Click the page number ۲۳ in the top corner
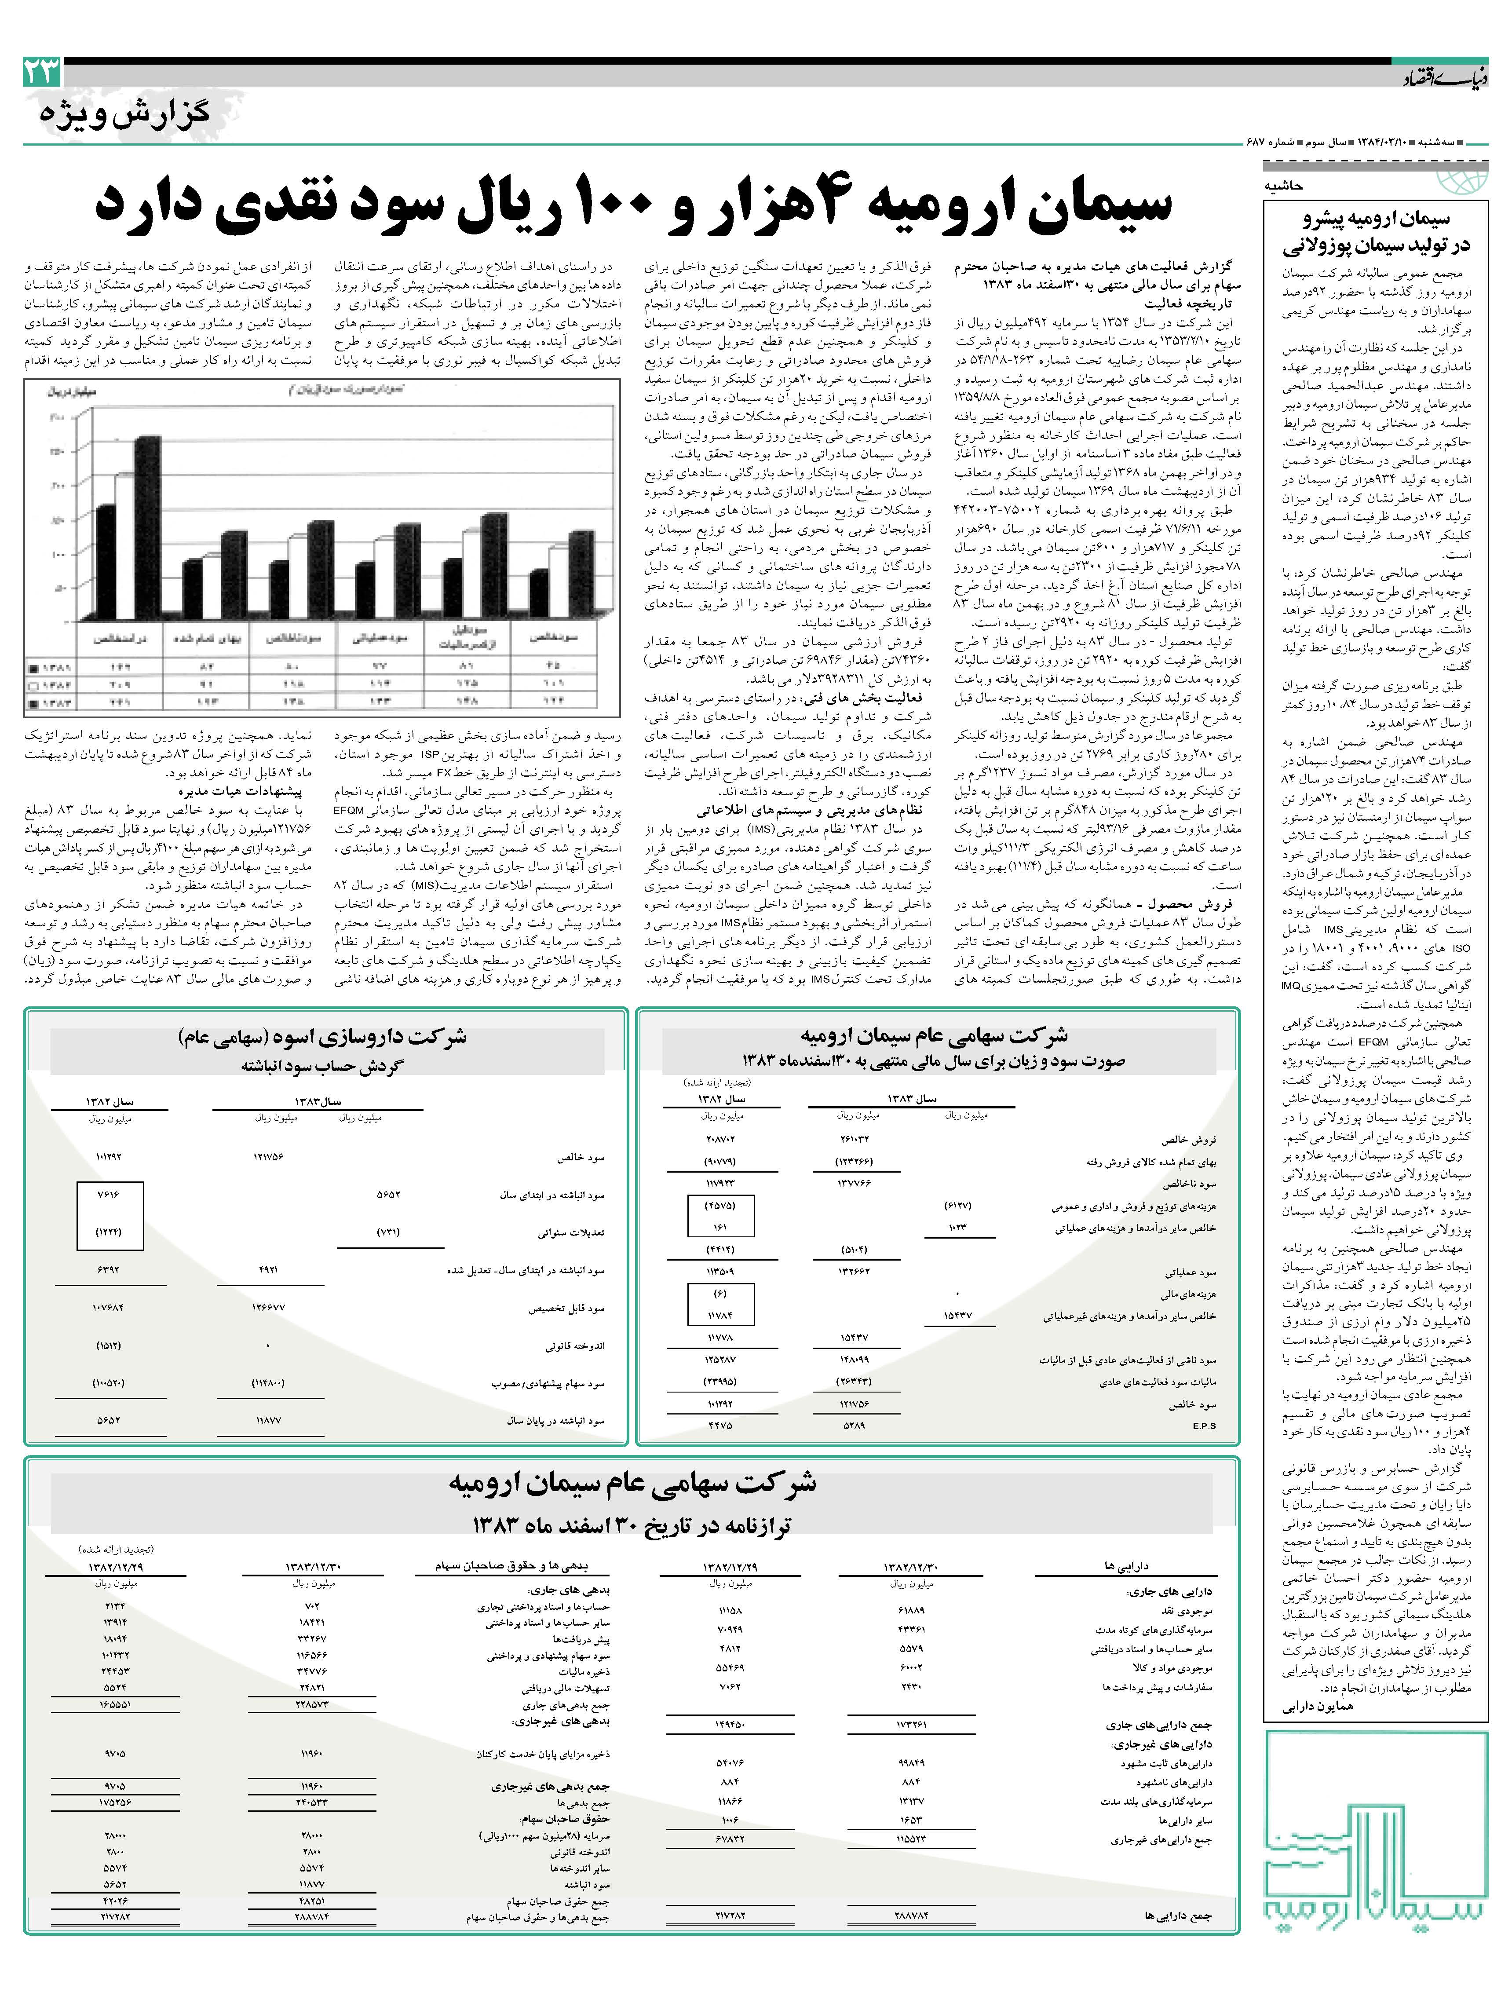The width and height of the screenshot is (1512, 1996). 42,72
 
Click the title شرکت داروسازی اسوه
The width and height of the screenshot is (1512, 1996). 322,1037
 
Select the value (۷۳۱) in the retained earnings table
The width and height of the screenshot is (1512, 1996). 388,1232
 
